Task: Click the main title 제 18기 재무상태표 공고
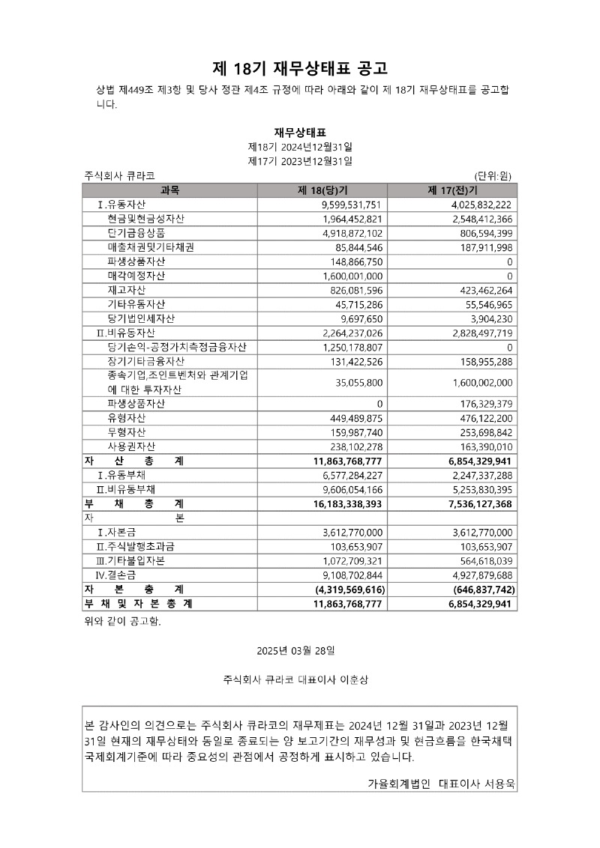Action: click(x=300, y=69)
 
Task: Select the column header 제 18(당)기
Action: click(x=321, y=190)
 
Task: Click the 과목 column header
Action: click(x=170, y=190)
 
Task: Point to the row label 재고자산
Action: click(x=127, y=290)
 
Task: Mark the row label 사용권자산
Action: click(x=131, y=447)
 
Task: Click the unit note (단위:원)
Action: click(x=493, y=176)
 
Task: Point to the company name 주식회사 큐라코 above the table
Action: click(x=120, y=176)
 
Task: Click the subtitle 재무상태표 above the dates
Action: click(x=300, y=133)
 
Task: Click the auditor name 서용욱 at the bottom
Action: click(x=499, y=783)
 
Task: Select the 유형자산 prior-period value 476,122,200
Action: click(x=483, y=419)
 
